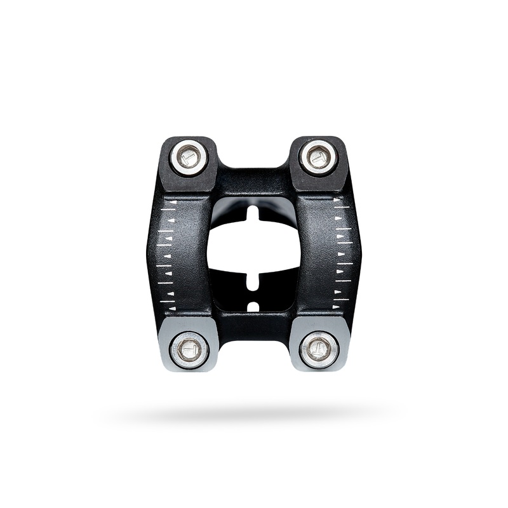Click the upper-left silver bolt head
coord(189,157)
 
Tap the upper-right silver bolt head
coord(318,157)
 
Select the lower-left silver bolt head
coord(189,349)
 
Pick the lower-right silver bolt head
coord(318,349)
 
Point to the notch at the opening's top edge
coord(253,212)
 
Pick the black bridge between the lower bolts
coord(253,327)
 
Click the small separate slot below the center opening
coord(253,307)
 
